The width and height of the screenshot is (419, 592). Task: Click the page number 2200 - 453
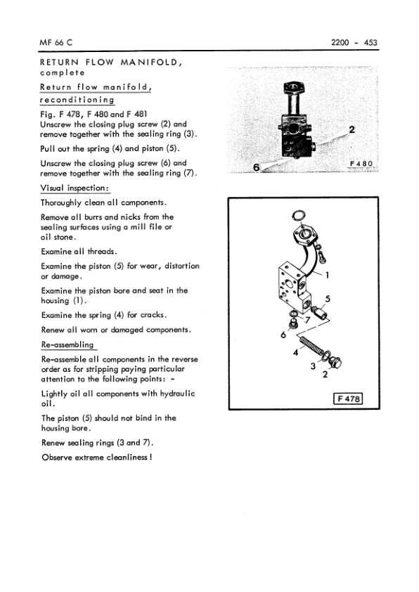click(354, 43)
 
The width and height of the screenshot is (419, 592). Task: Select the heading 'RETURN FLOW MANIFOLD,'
click(112, 62)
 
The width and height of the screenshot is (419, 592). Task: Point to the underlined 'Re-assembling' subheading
click(67, 345)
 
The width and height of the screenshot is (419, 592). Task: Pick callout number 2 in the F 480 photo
click(352, 129)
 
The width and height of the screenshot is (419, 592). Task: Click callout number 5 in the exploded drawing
click(328, 299)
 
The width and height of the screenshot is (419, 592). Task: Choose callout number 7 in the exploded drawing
click(307, 321)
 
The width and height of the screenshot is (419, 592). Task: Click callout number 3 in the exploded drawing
click(313, 366)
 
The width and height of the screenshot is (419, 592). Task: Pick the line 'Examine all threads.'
click(79, 251)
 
